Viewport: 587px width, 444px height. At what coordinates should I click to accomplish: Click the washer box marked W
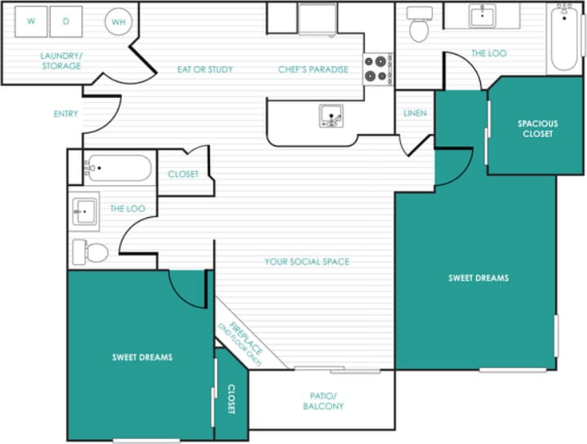click(x=31, y=22)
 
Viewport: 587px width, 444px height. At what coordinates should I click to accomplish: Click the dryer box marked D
click(x=66, y=22)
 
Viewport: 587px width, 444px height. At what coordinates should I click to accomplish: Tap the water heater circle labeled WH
click(x=118, y=23)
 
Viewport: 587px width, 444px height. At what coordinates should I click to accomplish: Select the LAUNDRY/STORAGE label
click(x=61, y=60)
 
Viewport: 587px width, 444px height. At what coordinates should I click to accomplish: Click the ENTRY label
click(x=65, y=113)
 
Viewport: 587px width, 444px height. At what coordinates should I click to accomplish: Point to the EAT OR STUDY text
click(x=205, y=69)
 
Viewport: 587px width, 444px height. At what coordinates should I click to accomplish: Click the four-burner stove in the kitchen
click(x=376, y=69)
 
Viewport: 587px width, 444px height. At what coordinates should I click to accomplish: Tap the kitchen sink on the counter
click(x=331, y=117)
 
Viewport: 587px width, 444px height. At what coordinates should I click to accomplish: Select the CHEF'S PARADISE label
click(x=313, y=69)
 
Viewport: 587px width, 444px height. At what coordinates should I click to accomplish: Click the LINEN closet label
click(x=415, y=113)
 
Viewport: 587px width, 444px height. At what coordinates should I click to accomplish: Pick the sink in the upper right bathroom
click(x=483, y=16)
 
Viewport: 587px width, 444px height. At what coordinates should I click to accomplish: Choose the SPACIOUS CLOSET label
click(x=537, y=129)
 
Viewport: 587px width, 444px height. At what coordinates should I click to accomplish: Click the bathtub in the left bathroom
click(x=118, y=168)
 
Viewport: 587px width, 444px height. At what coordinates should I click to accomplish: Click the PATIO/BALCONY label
click(x=323, y=401)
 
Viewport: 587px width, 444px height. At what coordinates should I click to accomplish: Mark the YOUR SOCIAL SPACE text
click(x=306, y=262)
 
